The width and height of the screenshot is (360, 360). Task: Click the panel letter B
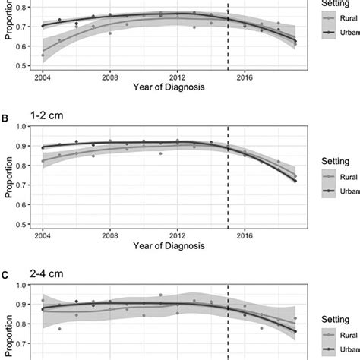click(6, 120)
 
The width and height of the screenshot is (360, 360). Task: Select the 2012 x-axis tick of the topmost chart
click(178, 77)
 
